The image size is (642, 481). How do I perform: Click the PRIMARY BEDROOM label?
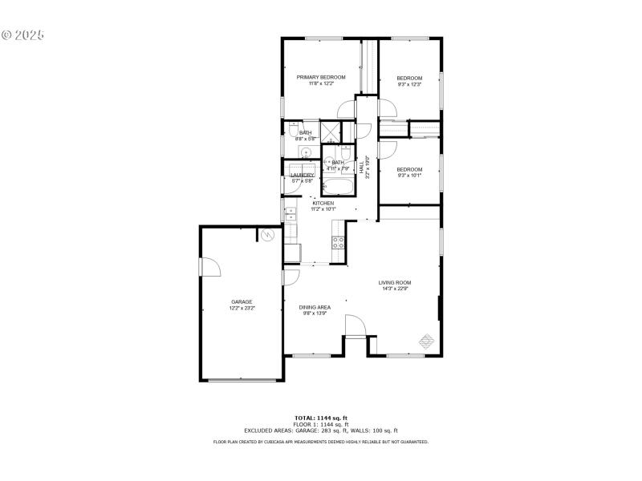tap(321, 77)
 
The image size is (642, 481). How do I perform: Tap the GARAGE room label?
tap(242, 301)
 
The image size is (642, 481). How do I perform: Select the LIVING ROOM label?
tap(395, 282)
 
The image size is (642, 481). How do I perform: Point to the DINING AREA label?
tap(315, 307)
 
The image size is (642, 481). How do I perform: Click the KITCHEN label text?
tap(323, 203)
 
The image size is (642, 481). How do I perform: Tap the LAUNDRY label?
tap(303, 175)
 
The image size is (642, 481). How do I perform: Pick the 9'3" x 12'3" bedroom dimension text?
tap(409, 84)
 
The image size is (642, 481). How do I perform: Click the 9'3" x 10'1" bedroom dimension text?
tap(409, 176)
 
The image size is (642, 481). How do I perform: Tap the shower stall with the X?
tap(331, 131)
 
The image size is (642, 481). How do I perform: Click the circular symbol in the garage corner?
tap(268, 234)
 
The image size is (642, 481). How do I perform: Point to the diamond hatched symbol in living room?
tap(426, 341)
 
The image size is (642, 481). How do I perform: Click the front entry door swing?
tap(355, 325)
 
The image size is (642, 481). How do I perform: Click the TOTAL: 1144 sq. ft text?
tap(321, 418)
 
